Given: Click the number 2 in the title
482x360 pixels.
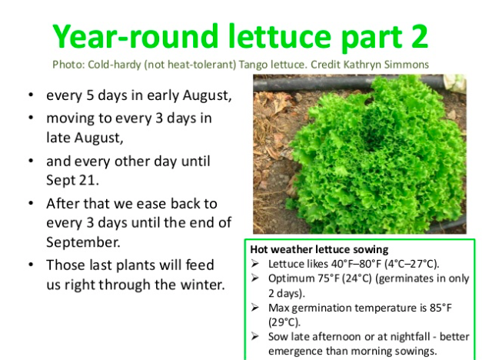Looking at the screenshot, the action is (x=418, y=36).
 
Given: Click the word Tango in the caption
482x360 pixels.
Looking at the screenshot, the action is (x=254, y=65).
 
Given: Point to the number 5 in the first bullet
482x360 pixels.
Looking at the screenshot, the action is (x=90, y=95).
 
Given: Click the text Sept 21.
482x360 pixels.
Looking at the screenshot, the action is (x=72, y=180).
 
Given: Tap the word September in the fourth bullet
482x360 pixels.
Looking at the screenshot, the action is (x=83, y=242).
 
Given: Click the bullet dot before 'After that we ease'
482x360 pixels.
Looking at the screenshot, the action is (x=31, y=203).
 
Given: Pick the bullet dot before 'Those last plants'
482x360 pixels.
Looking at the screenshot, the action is (x=31, y=265).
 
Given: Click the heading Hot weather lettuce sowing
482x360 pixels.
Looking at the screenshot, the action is (x=319, y=249).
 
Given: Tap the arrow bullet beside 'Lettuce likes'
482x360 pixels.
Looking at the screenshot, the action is (x=254, y=264).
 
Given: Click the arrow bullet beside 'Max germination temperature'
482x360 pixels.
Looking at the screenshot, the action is (x=254, y=308).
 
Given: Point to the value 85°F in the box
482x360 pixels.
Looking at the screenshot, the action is (x=440, y=308).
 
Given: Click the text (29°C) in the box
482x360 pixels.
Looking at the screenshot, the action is (x=284, y=322).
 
